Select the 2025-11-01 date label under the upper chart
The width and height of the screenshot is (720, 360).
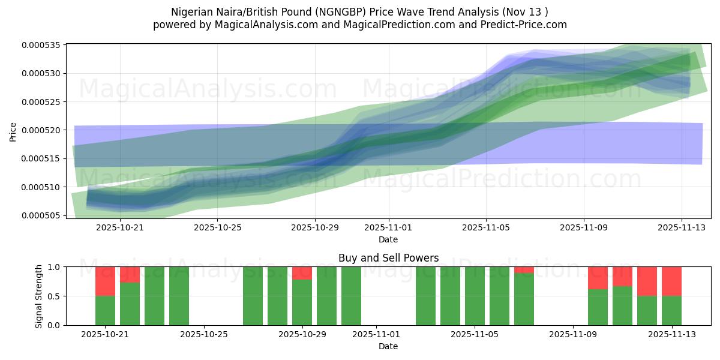click(388, 227)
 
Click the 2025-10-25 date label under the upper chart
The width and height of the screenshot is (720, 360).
click(217, 227)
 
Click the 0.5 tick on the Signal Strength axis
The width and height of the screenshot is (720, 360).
click(54, 296)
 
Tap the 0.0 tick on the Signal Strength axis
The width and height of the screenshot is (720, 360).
click(54, 325)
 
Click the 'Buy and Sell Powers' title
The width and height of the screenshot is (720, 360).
click(388, 259)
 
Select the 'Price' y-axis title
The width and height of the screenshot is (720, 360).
click(13, 131)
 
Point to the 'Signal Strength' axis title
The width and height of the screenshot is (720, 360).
click(39, 296)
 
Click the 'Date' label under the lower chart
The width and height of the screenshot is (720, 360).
click(388, 346)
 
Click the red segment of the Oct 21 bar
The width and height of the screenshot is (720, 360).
click(105, 281)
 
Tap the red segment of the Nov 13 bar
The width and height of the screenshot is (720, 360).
click(671, 281)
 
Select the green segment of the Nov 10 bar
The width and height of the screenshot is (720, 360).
click(598, 307)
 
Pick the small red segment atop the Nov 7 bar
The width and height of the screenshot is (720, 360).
click(524, 269)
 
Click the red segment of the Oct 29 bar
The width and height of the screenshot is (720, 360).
click(302, 273)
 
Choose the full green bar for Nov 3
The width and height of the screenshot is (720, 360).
click(425, 296)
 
